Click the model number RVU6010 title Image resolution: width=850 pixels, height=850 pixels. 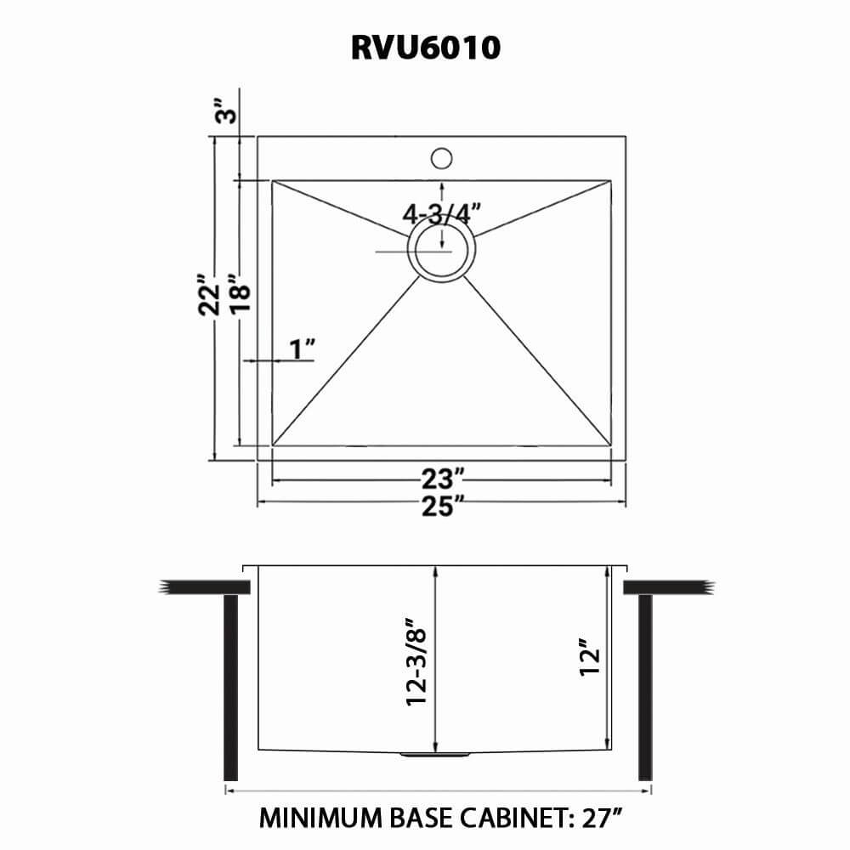pyautogui.click(x=425, y=48)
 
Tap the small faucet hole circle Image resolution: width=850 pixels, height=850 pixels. pyautogui.click(x=441, y=158)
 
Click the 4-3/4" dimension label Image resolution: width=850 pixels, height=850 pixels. pyautogui.click(x=442, y=212)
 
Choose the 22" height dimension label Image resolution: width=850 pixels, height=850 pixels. pyautogui.click(x=209, y=295)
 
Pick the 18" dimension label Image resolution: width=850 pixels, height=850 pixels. pyautogui.click(x=241, y=295)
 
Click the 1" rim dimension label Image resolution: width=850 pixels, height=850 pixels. pyautogui.click(x=302, y=348)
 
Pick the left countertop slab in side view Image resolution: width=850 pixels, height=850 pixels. pyautogui.click(x=204, y=587)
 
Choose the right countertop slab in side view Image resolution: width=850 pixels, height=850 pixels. pyautogui.click(x=665, y=587)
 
